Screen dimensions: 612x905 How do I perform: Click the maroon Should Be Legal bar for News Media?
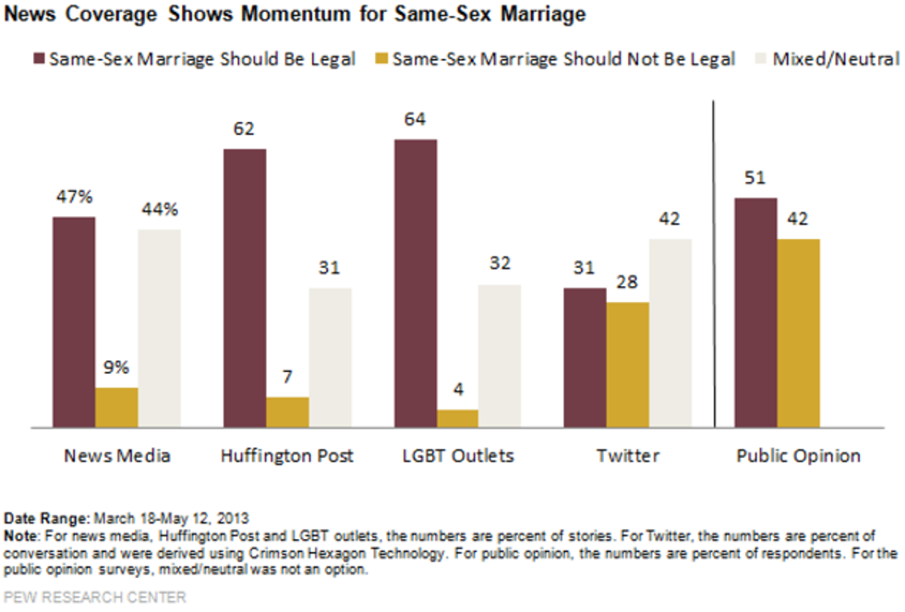tap(74, 322)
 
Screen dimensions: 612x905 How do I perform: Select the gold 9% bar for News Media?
tap(116, 407)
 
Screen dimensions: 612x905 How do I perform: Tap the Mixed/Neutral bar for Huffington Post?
tap(330, 357)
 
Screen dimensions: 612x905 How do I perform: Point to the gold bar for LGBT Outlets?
tap(457, 418)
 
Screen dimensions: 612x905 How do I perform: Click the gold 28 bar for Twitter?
tap(628, 365)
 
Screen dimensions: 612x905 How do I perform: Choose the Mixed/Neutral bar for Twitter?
tap(670, 332)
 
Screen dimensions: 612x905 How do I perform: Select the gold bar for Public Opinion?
tap(798, 332)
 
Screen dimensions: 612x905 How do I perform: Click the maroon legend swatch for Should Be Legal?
tap(40, 59)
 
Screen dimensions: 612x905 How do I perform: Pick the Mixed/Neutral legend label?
tap(835, 59)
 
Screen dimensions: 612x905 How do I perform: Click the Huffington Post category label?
tap(287, 456)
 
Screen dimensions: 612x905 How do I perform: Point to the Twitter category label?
tap(628, 456)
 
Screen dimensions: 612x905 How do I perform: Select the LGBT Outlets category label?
tap(457, 456)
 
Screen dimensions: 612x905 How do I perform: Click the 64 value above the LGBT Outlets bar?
tap(415, 119)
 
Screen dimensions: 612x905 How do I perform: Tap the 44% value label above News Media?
tap(159, 209)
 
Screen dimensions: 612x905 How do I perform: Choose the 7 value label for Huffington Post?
tap(287, 378)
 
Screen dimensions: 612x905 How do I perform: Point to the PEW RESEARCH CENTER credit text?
tap(95, 597)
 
